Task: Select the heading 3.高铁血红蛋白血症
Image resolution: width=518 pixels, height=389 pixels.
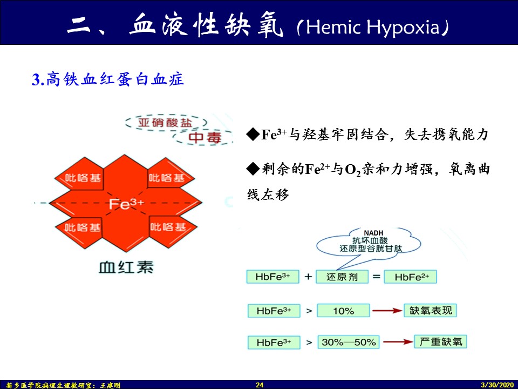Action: tap(108, 79)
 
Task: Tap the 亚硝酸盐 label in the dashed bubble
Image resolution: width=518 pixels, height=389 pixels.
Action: tap(165, 123)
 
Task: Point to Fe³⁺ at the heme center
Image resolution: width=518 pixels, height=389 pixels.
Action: tap(126, 204)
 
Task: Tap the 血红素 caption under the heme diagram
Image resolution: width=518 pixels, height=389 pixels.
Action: tap(126, 266)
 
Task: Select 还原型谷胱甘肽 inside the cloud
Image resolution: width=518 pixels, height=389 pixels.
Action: tap(370, 249)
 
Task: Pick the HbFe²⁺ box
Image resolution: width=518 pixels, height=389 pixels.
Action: tap(412, 277)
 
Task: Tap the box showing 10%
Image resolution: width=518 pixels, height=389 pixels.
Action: tap(343, 311)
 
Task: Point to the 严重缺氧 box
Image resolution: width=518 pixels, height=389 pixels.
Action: tap(440, 341)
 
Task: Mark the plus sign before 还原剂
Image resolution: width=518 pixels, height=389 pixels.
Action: tap(308, 277)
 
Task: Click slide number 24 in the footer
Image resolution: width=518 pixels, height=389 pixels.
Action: tap(259, 385)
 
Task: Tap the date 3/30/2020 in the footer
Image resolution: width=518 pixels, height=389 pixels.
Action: tap(496, 385)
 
